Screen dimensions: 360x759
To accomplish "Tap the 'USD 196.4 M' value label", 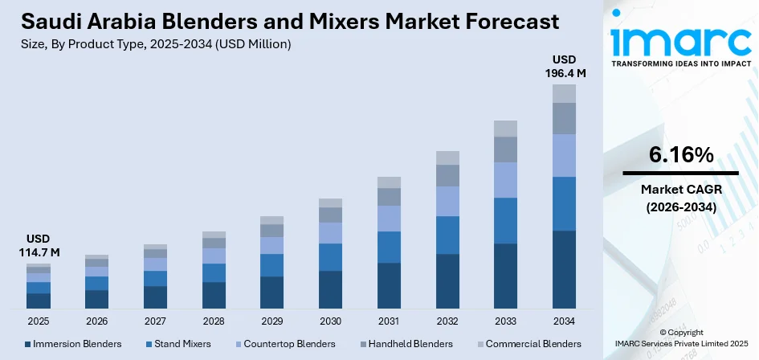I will tap(564, 67).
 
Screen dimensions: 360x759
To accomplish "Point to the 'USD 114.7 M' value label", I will tap(38, 246).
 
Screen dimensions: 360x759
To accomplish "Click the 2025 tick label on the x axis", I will tap(38, 321).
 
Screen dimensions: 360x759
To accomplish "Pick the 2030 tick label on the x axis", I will tap(330, 321).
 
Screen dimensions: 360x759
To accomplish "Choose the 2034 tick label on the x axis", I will tap(564, 321).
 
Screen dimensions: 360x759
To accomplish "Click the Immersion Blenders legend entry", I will tap(73, 344).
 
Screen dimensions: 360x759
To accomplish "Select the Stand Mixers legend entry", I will tap(178, 344).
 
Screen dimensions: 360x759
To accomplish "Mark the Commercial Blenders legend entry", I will tap(528, 344).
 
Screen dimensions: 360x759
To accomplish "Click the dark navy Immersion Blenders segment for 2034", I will tap(564, 269).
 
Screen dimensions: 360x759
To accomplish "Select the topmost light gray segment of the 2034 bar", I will tap(564, 93).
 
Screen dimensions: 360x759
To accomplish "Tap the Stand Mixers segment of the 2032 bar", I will tap(447, 235).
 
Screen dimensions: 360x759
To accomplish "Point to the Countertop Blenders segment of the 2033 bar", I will tap(505, 180).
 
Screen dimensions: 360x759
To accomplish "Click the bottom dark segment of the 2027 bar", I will tap(155, 297).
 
